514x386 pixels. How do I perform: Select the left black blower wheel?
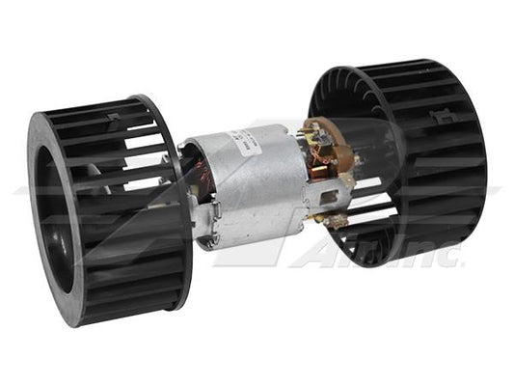point(116,207)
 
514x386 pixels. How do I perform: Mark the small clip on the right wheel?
point(442,118)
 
